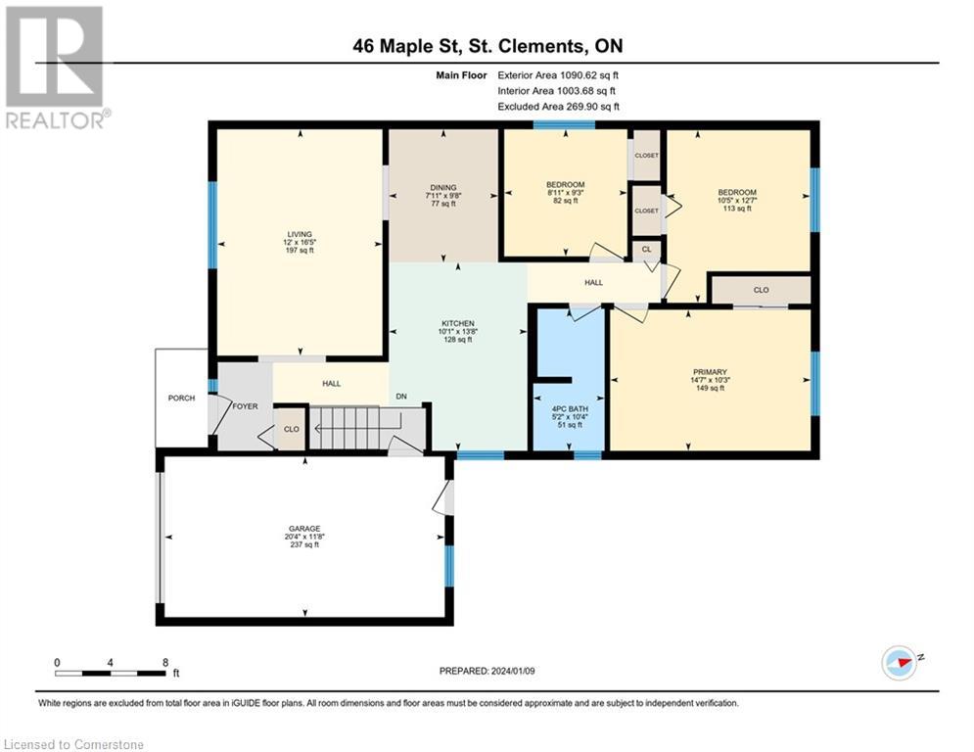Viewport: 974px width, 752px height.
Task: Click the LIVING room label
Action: coord(300,234)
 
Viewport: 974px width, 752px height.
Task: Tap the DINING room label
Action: coord(442,187)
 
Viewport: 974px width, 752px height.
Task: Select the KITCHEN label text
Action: coord(458,323)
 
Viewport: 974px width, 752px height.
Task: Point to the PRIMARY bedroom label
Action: coord(710,372)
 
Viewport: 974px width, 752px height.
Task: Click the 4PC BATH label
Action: coord(570,409)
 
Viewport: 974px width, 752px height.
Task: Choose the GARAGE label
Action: coord(304,529)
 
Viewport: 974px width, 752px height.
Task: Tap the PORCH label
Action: coord(181,398)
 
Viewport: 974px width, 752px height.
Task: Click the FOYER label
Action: coord(245,405)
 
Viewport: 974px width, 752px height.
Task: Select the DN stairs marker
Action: coord(401,396)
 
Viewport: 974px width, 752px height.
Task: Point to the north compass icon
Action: coord(900,663)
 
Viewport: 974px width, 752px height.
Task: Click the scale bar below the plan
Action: coord(111,673)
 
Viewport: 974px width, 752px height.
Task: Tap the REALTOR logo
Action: coord(57,68)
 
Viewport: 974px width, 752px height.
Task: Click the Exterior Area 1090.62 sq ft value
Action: coord(558,75)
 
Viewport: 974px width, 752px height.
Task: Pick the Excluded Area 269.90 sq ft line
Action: coord(558,107)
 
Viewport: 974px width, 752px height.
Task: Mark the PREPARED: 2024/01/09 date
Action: coord(487,671)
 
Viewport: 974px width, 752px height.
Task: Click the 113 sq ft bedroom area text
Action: coord(737,209)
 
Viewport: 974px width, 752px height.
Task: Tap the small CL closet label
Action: coord(647,249)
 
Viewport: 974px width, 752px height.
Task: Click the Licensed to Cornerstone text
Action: coord(73,744)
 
